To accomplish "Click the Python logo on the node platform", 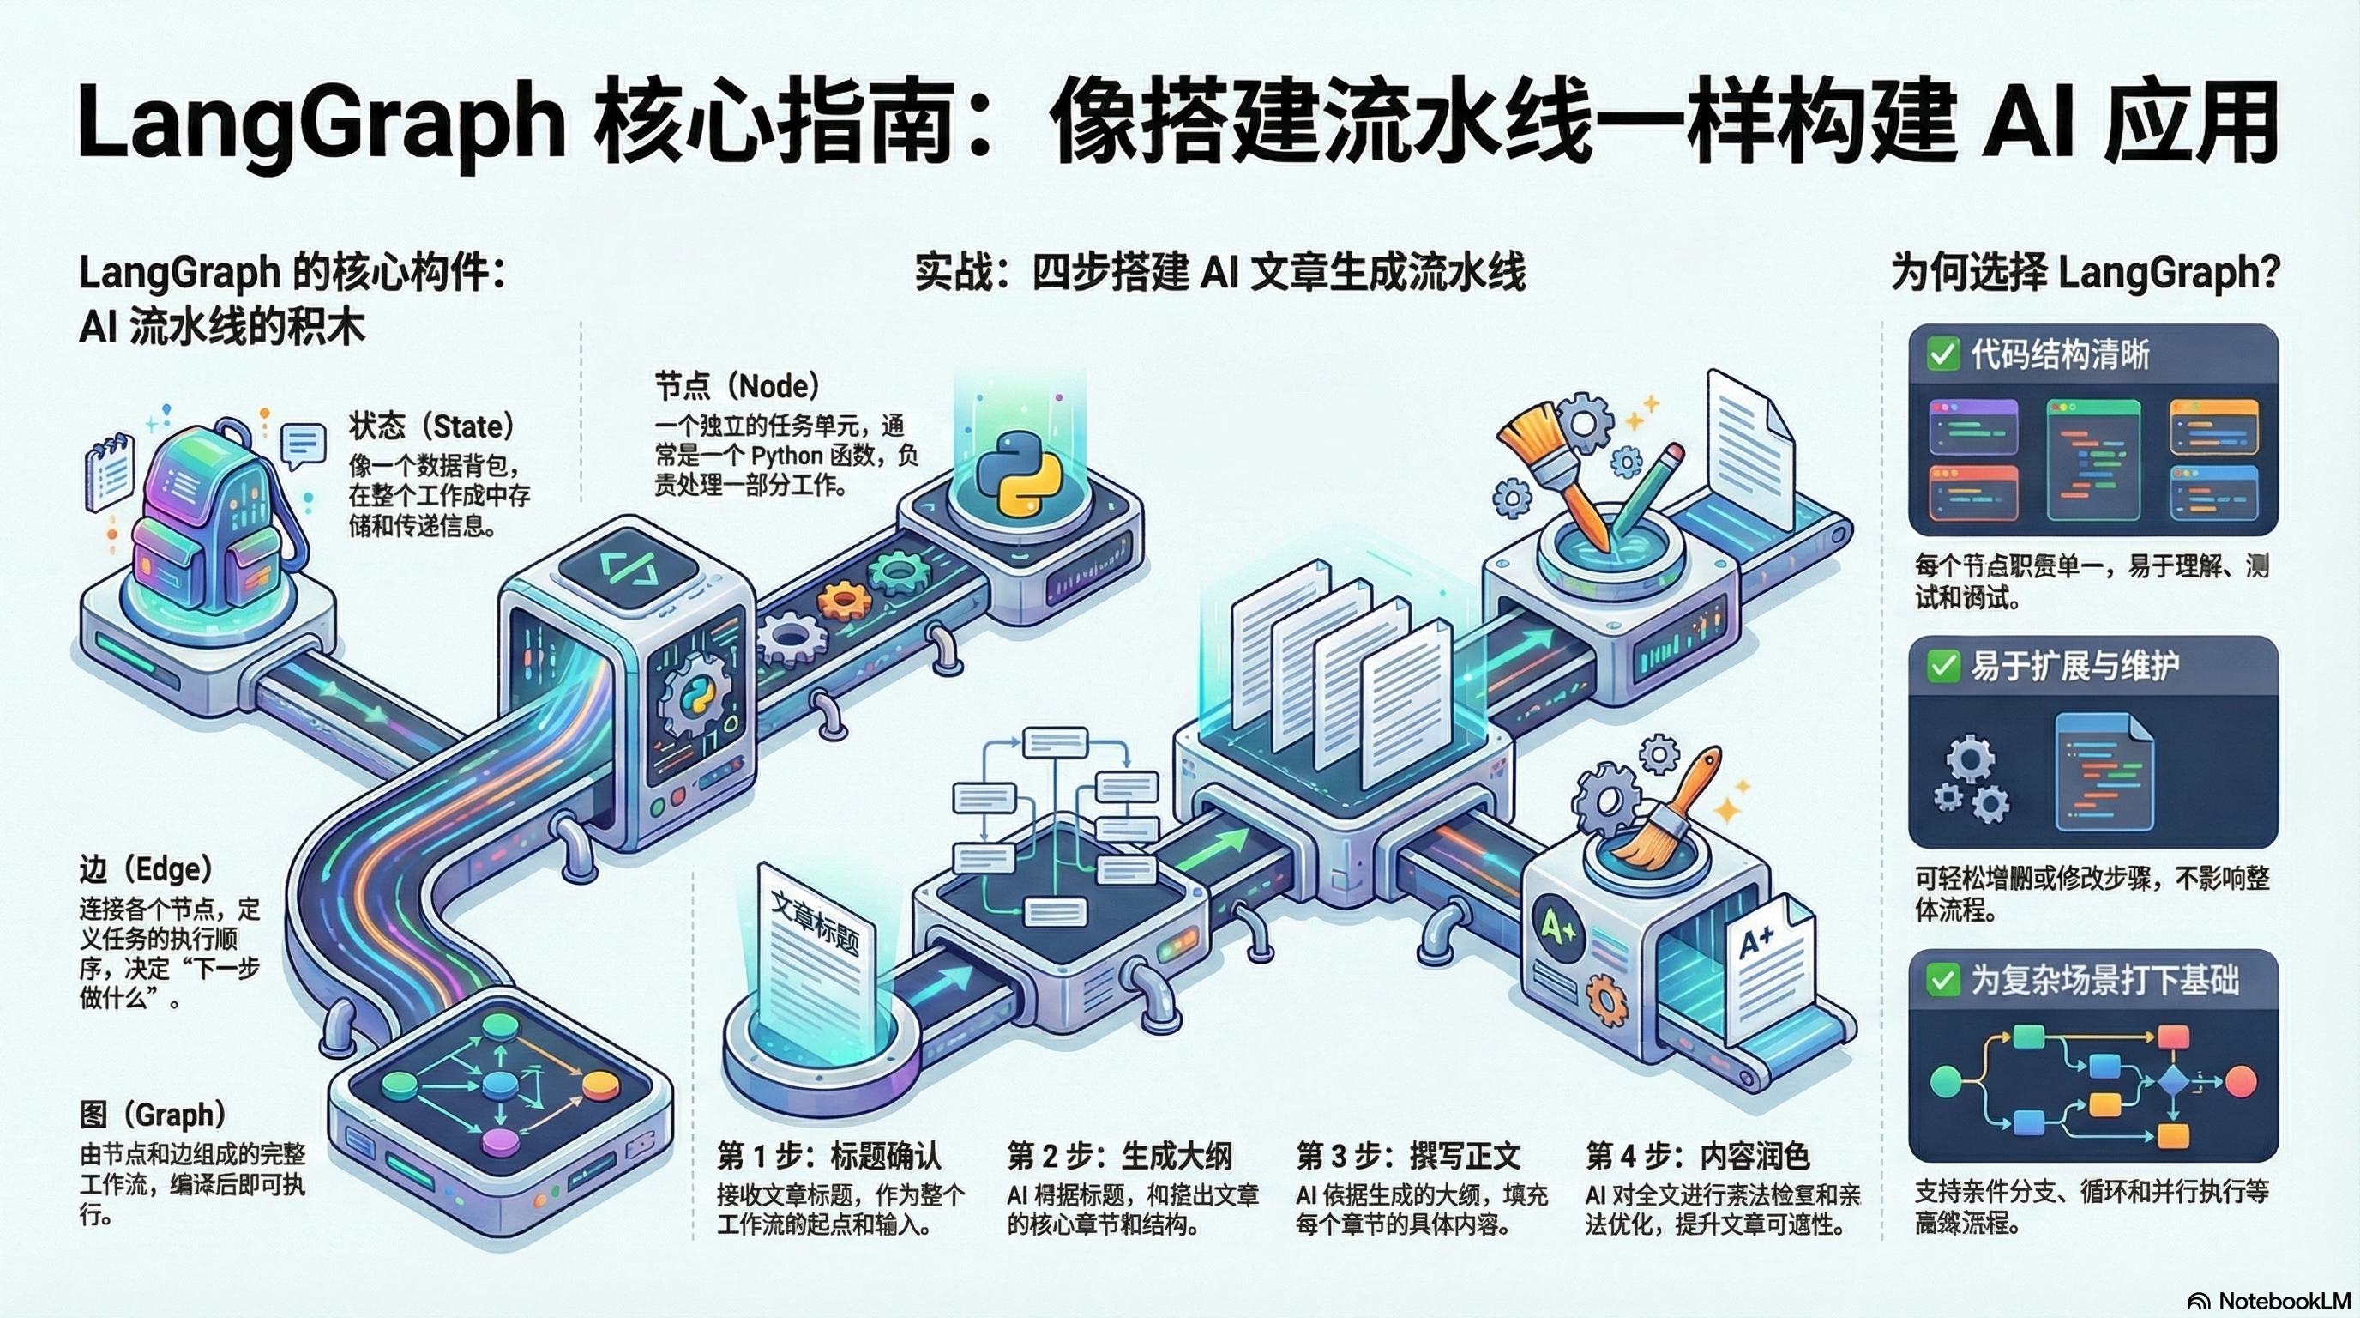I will (x=1018, y=474).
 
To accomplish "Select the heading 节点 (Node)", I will (x=737, y=386).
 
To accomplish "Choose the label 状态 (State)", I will (x=430, y=426).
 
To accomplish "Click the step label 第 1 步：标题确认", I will (x=829, y=1156).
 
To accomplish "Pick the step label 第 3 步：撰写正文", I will (x=1408, y=1156).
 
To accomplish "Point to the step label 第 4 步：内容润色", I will (x=1697, y=1156).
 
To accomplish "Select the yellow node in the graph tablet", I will (x=600, y=1085).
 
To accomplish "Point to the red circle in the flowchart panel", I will (x=2241, y=1081).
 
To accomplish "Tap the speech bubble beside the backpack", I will (x=303, y=444).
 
